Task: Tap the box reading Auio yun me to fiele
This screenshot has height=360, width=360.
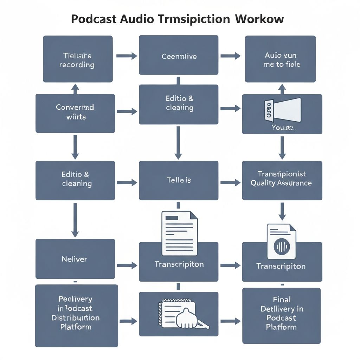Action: [x=280, y=59]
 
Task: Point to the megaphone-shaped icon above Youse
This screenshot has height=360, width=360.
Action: [x=283, y=109]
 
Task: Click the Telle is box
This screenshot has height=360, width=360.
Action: [x=179, y=180]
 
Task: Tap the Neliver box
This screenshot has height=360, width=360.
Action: [x=75, y=259]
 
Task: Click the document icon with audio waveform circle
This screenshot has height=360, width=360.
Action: [x=281, y=242]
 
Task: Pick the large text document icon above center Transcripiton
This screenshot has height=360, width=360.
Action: [x=179, y=233]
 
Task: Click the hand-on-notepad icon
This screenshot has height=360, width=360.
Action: [x=183, y=314]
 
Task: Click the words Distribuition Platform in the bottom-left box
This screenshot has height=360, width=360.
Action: [x=76, y=322]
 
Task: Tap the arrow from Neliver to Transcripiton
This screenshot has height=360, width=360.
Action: [x=127, y=265]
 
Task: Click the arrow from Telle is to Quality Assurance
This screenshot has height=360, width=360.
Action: [x=230, y=182]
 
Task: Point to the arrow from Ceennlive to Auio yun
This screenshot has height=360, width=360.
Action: [x=230, y=56]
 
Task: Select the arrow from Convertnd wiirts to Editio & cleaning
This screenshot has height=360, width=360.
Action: [x=126, y=112]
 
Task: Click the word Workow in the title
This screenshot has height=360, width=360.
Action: [x=258, y=19]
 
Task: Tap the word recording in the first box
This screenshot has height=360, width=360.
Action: [x=77, y=65]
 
